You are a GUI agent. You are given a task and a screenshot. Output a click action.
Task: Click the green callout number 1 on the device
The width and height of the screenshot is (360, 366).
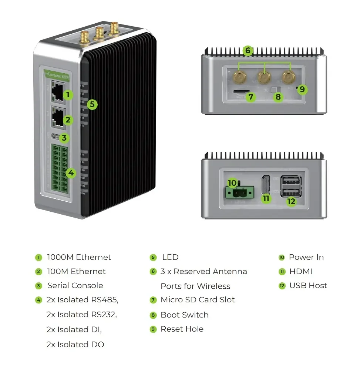pos(68,95)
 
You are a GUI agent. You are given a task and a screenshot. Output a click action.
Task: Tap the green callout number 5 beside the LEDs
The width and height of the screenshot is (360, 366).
pos(92,104)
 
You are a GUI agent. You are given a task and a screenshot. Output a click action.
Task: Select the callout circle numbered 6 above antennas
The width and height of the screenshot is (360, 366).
pos(248,51)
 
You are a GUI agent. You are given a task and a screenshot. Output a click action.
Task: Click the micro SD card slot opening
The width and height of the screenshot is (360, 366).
pos(241,91)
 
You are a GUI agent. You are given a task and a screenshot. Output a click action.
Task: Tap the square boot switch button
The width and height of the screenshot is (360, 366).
pos(274,90)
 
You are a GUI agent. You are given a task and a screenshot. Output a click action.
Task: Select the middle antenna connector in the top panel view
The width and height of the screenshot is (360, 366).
pos(264,78)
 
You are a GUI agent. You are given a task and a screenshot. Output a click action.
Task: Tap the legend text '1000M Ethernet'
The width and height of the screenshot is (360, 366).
pos(79,257)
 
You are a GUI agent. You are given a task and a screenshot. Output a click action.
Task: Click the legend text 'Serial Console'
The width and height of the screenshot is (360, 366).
pos(75,286)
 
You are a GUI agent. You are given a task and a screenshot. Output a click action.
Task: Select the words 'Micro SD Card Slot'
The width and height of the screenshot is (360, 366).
pos(198,300)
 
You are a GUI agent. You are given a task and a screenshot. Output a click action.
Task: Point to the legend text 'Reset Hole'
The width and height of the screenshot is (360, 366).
pos(182,329)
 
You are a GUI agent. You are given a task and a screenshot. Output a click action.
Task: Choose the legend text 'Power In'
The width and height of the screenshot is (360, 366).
pos(306,257)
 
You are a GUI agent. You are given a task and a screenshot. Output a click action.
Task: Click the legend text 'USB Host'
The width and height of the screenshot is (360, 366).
pos(308,286)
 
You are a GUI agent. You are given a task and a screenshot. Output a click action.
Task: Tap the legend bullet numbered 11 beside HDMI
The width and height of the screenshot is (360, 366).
pos(282,272)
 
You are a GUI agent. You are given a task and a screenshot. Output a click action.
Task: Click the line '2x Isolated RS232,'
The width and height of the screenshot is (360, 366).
pos(82,315)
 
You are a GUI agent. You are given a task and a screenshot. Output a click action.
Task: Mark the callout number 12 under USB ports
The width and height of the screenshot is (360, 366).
pos(292,201)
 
